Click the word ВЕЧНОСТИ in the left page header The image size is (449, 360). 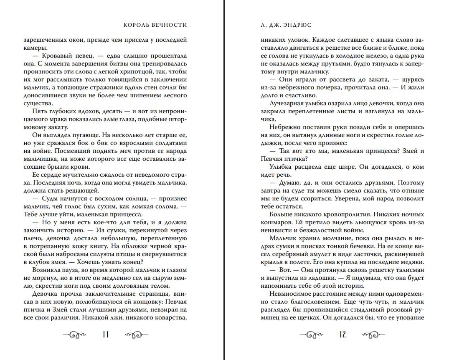click(171, 25)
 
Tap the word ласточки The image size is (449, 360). click(364, 254)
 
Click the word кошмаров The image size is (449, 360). click(274, 222)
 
